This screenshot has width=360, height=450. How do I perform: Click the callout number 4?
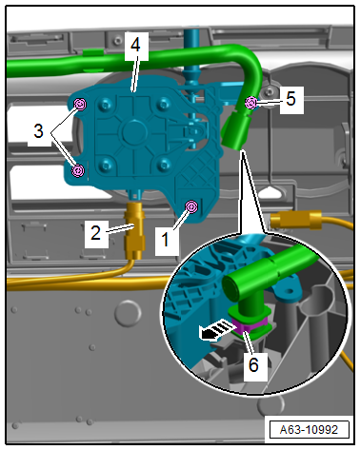(x=135, y=45)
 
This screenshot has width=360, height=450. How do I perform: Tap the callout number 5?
(x=290, y=99)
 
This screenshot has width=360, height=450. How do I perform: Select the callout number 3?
(x=38, y=130)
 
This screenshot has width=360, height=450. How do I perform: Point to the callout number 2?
(x=95, y=233)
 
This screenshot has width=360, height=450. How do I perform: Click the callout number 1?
(x=166, y=240)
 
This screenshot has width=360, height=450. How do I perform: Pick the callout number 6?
(x=253, y=364)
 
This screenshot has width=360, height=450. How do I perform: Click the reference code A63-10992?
(x=309, y=430)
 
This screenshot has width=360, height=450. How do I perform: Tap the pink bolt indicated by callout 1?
(x=191, y=206)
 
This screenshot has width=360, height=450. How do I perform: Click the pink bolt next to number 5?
(x=251, y=103)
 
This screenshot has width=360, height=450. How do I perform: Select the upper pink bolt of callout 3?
(x=80, y=104)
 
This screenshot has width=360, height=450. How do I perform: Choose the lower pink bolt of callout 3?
(x=78, y=171)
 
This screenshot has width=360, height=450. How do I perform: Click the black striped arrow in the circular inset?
(x=215, y=330)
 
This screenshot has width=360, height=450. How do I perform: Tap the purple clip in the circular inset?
(x=249, y=326)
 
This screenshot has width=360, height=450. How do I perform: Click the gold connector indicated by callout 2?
(x=135, y=230)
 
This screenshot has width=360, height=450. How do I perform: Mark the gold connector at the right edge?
(x=296, y=219)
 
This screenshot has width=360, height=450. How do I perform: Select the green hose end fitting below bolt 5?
(x=235, y=131)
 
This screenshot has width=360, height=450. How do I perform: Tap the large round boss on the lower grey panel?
(x=128, y=313)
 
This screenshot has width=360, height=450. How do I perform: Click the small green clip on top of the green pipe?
(x=93, y=51)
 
